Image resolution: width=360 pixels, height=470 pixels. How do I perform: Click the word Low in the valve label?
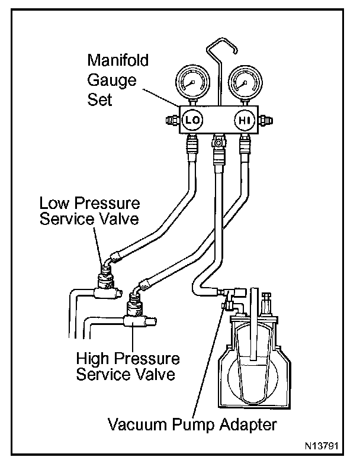[52, 204]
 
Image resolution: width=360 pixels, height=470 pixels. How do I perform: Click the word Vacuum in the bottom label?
[134, 424]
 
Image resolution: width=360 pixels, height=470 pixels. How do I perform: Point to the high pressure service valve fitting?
[134, 307]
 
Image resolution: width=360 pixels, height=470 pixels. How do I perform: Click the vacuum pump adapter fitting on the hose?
[227, 295]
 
